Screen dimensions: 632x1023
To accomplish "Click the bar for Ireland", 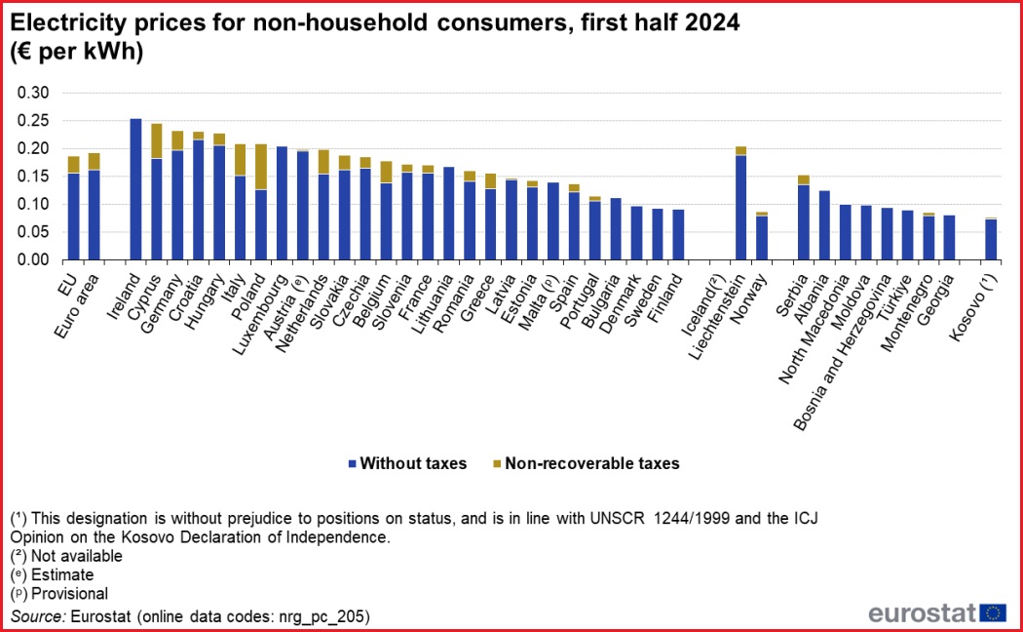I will pos(135,190).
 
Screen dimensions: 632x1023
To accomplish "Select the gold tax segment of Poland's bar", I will pos(260,167).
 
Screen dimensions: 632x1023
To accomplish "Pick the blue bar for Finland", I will pos(678,235).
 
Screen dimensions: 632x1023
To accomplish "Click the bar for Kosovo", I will pos(991,240).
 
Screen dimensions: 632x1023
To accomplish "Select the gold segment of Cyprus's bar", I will pos(156,141).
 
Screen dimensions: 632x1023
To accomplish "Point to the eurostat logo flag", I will pos(993,612).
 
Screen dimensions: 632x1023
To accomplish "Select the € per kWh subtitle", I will pos(77,53).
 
